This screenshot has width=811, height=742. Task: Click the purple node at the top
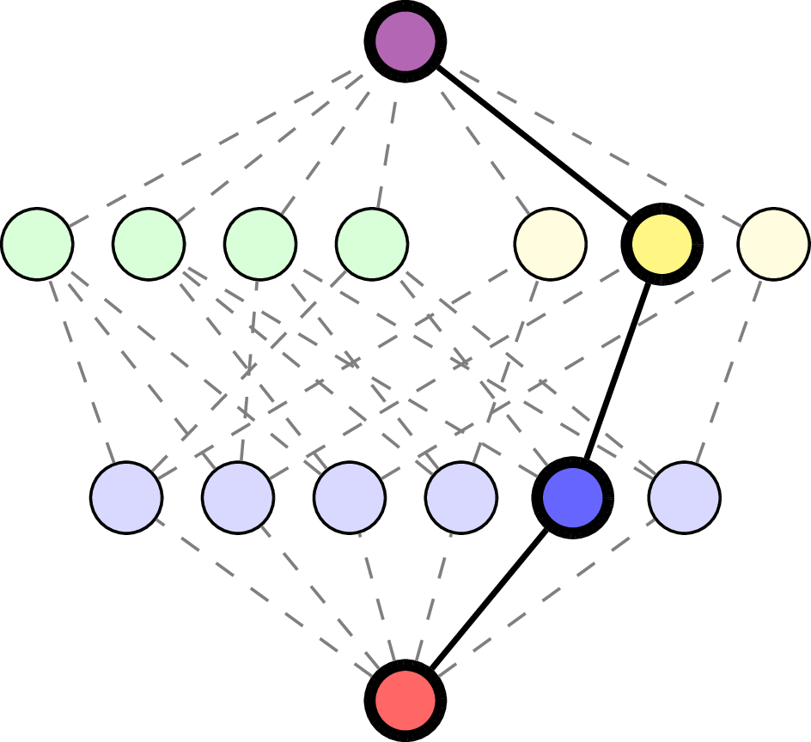(405, 41)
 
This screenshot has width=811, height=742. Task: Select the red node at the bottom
(405, 700)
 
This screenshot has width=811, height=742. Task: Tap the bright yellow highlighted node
(662, 244)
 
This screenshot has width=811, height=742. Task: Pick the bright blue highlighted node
(572, 497)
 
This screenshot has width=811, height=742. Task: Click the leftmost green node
(37, 244)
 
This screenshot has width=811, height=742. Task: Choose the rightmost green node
(372, 244)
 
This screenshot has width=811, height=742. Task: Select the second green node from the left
(149, 244)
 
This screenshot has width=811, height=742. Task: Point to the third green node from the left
(260, 244)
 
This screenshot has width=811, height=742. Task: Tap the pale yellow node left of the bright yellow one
(551, 244)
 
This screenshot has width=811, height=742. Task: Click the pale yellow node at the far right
(773, 244)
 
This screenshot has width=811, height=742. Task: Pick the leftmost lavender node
(126, 497)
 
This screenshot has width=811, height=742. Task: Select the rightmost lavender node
(685, 497)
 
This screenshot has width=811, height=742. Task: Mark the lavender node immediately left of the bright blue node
(461, 497)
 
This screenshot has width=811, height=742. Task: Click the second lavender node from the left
(238, 497)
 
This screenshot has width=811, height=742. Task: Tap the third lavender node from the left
(350, 497)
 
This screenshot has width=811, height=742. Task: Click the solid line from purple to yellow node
(534, 143)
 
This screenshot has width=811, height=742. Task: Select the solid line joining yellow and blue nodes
(617, 371)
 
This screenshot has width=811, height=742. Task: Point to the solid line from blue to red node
(489, 599)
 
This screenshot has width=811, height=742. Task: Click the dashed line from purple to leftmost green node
(215, 146)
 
